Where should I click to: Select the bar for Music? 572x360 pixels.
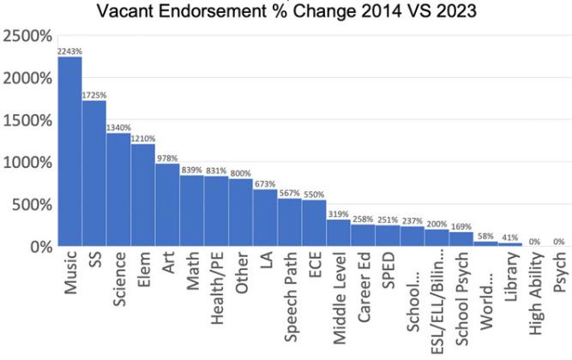69,152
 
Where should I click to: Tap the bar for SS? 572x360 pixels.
94,173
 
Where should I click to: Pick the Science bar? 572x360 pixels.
118,189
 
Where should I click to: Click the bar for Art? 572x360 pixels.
167,205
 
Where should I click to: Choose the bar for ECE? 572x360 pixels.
314,223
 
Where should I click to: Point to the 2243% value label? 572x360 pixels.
69,51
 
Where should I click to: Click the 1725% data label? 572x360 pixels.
94,95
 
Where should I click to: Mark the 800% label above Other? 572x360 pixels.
241,173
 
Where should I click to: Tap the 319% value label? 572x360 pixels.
338,214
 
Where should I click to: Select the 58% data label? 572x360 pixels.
485,237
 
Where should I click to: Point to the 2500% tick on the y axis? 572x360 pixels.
27,36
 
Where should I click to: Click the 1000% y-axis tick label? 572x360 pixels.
27,163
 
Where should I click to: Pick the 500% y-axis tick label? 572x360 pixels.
32,205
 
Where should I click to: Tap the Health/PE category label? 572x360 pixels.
217,288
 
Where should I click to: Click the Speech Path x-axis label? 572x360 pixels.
291,297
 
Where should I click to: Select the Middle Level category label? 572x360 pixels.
340,297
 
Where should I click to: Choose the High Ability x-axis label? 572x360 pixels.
536,293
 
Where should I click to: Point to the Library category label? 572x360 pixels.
511,277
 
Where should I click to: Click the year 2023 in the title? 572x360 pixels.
456,10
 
